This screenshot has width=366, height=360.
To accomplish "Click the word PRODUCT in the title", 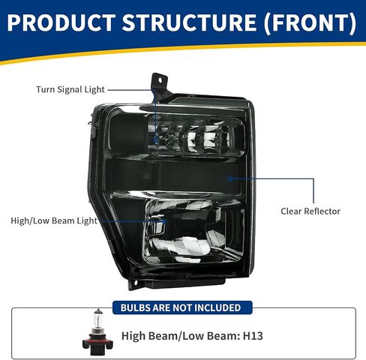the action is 61,22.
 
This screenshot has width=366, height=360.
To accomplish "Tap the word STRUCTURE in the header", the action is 190,22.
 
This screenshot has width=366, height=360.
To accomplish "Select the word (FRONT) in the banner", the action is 310,23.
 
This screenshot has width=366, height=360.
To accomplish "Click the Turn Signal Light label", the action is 70,89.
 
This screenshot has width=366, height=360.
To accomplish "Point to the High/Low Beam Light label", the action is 54,220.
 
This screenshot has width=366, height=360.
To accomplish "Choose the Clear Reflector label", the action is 310,211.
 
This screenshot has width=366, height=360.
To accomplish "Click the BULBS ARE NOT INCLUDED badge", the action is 182,307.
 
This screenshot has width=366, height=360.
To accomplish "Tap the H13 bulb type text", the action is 253,336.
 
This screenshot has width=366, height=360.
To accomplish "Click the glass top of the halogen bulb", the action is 98,319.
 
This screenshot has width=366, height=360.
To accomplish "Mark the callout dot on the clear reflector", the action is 229,178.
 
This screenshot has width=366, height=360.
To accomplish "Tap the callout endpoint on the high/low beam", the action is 165,221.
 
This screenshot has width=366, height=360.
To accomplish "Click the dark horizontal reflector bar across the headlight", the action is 172,175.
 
